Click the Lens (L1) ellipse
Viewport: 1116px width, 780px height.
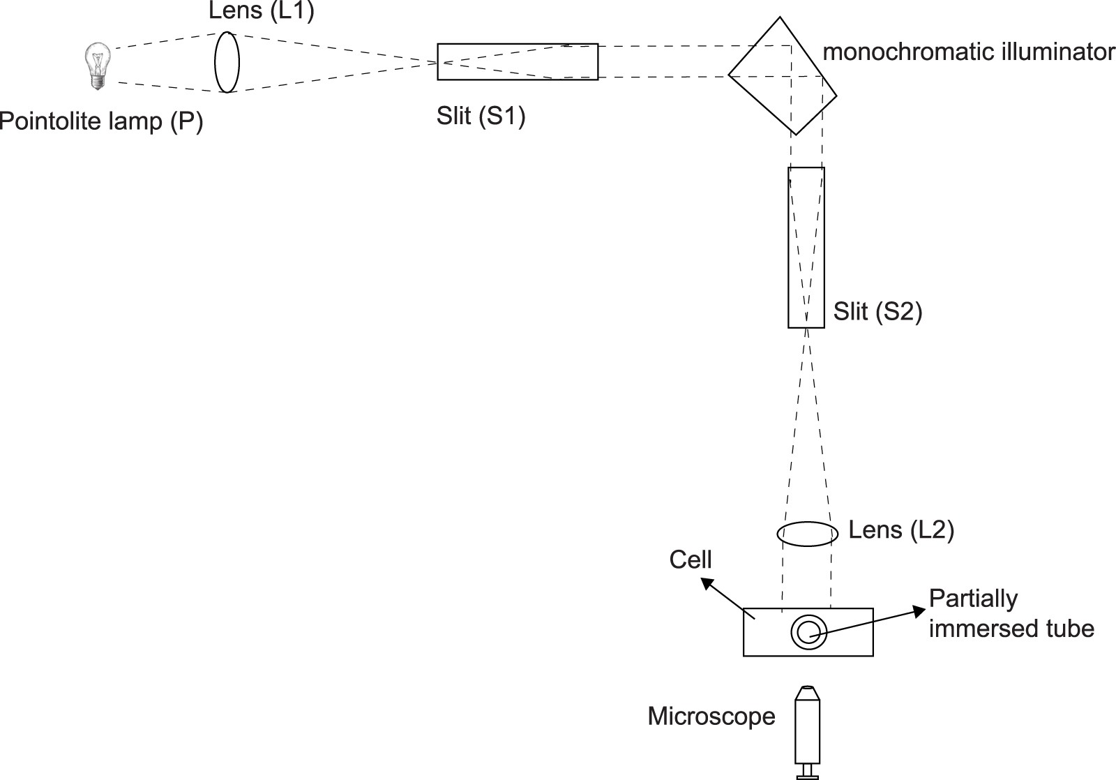(227, 61)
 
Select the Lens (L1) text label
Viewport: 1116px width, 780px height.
(262, 12)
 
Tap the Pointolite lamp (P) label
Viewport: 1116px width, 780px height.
(102, 121)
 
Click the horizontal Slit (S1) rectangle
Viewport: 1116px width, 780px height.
(517, 61)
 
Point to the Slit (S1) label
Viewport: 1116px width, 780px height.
(481, 115)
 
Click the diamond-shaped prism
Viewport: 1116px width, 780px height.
(782, 75)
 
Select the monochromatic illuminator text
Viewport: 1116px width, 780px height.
(968, 52)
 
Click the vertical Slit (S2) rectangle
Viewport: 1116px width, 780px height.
(806, 247)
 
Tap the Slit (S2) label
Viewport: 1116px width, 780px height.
(877, 311)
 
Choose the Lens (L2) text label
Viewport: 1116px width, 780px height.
(900, 530)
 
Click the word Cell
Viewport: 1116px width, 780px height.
(690, 560)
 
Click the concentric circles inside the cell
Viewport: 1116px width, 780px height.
(808, 632)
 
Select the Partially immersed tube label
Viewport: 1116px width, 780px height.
(1010, 614)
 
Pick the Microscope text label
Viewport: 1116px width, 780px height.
(711, 717)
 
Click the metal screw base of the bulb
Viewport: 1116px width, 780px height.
(97, 82)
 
